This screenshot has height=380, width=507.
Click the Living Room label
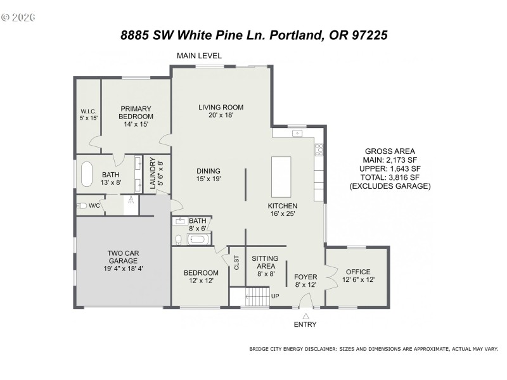click(221, 111)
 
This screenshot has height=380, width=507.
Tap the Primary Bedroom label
click(136, 116)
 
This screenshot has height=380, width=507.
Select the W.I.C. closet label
click(88, 115)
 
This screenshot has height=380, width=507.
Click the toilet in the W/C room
click(82, 206)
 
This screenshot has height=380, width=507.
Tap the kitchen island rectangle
click(281, 178)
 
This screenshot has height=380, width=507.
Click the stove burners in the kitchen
click(319, 149)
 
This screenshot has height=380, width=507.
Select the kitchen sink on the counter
click(295, 134)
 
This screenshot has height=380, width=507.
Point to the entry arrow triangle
click(305, 315)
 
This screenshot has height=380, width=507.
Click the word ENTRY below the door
click(305, 325)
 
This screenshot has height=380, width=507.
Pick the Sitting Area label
click(265, 266)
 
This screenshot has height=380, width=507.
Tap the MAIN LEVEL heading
click(199, 56)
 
